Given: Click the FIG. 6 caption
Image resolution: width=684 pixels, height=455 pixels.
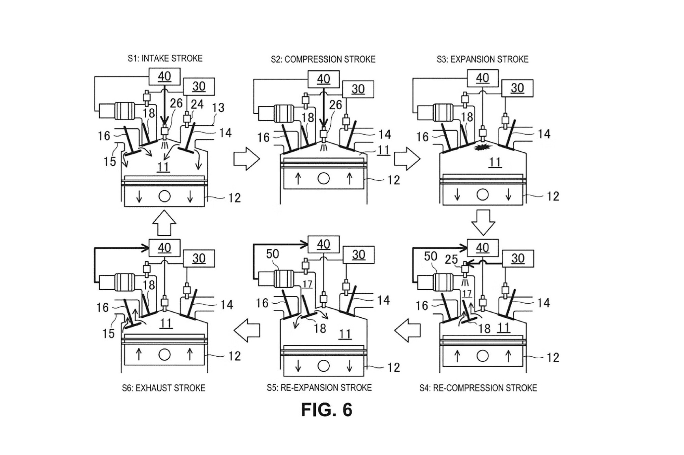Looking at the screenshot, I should (327, 410).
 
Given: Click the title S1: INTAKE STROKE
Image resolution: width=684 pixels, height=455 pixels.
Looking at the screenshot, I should (165, 58).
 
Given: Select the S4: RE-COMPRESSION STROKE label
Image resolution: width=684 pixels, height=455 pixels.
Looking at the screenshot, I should (478, 388).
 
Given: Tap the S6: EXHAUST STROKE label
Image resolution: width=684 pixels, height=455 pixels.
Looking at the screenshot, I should (163, 388).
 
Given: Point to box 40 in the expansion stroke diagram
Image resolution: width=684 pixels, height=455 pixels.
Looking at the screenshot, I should (483, 78).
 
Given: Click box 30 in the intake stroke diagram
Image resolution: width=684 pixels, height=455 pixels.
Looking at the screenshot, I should (199, 86).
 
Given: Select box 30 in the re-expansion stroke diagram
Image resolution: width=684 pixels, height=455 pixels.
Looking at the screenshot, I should (358, 255).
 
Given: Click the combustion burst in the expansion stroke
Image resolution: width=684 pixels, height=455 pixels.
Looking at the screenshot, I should (483, 147).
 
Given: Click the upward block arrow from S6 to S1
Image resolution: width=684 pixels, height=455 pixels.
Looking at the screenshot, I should (165, 223).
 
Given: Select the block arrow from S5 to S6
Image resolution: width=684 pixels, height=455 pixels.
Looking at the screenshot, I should (247, 330).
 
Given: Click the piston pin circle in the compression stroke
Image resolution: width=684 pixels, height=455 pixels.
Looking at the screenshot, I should (324, 178).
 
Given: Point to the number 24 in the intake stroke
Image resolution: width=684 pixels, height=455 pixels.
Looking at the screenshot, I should (197, 104).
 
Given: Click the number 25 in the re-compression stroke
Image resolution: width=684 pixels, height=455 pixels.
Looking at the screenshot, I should (451, 260).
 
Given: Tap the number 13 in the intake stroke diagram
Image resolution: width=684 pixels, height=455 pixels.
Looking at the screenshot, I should (218, 108).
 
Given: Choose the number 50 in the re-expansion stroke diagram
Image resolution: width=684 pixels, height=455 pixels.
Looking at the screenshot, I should (273, 254).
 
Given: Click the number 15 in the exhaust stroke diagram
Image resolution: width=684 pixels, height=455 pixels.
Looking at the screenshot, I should (109, 334).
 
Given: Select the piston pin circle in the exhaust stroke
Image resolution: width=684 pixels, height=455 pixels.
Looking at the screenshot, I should (165, 355).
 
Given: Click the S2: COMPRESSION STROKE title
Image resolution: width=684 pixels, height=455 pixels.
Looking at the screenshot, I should (323, 59).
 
